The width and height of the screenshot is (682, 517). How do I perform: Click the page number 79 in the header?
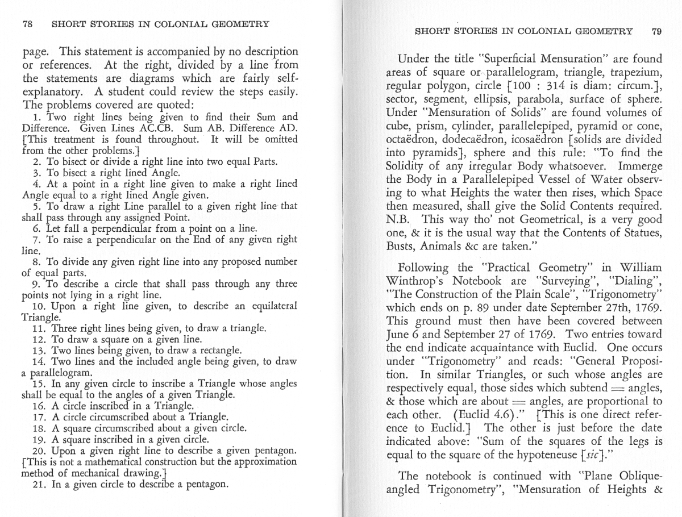[x=656, y=32]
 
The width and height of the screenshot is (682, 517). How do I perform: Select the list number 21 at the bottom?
[x=40, y=485]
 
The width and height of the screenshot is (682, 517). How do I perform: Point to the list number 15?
[x=40, y=383]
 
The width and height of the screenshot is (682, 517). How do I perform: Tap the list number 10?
[x=40, y=306]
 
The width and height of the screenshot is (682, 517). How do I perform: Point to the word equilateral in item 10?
[x=272, y=306]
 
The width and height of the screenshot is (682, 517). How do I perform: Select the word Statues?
[x=641, y=233]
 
